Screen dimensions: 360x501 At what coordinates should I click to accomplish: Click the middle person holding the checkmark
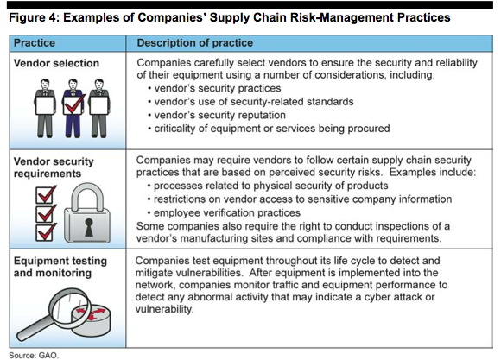(71, 108)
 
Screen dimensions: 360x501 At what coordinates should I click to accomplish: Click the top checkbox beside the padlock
(45, 192)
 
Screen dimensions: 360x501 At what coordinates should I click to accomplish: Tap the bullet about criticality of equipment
(272, 128)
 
